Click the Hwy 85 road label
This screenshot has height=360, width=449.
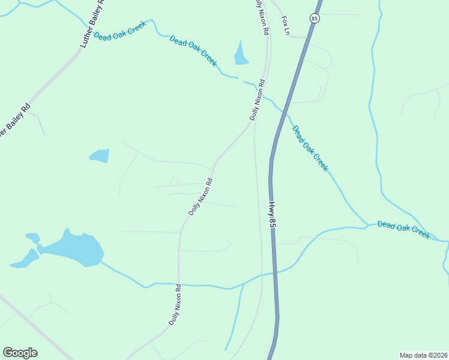tap(273, 215)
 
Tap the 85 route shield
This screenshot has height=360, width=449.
tap(315, 19)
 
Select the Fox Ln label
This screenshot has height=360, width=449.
tap(286, 25)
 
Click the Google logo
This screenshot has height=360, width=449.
tap(20, 353)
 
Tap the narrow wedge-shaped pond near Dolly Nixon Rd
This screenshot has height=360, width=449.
tap(241, 54)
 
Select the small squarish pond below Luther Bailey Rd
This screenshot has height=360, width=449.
tap(100, 156)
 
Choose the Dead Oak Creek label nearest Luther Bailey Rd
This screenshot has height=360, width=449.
tap(120, 34)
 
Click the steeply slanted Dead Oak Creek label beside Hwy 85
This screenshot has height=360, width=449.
tap(310, 148)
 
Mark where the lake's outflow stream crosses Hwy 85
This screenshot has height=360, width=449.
tap(275, 273)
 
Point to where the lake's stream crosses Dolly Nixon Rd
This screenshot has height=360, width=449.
tap(178, 284)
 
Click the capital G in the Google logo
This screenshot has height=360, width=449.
tap(8, 353)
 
